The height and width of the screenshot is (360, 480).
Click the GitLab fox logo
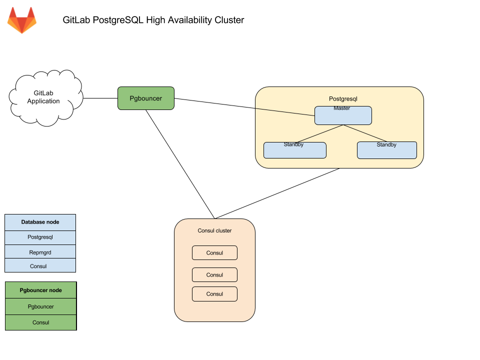click(22, 20)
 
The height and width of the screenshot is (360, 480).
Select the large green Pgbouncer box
click(145, 98)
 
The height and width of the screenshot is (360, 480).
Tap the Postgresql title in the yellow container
click(343, 99)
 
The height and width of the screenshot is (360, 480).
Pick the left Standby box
click(294, 151)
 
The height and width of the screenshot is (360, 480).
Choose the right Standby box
click(386, 151)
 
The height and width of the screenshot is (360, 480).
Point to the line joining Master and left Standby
click(320, 133)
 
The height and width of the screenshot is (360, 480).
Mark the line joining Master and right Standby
click(365, 133)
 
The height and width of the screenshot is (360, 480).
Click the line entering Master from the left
click(285, 111)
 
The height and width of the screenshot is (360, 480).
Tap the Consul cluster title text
click(214, 231)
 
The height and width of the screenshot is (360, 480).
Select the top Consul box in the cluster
click(214, 253)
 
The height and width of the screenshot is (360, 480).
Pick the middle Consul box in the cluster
click(214, 275)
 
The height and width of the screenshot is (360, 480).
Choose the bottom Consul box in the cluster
click(214, 294)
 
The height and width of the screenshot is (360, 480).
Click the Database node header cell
click(40, 222)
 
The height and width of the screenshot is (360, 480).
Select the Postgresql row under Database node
click(40, 237)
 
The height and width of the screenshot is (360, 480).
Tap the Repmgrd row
click(40, 252)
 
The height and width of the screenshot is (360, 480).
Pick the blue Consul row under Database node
click(40, 265)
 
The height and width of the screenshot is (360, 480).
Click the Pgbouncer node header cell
click(40, 290)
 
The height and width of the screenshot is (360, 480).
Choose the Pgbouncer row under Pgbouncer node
click(40, 306)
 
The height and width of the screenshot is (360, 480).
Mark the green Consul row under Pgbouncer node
click(40, 322)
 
